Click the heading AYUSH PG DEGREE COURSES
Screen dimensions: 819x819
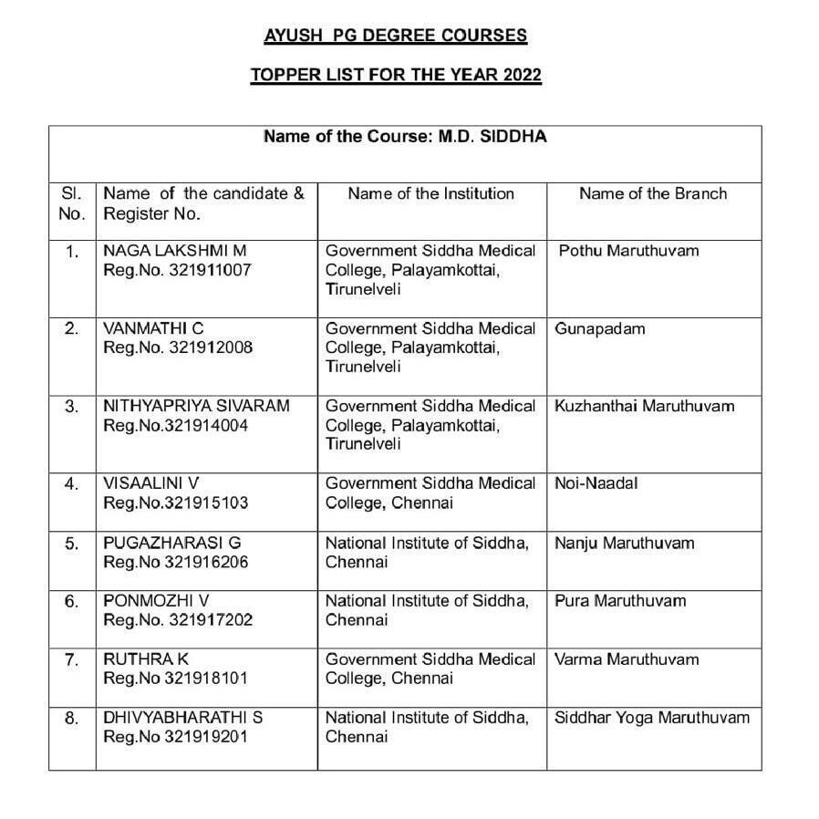tap(395, 36)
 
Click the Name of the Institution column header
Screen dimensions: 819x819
tap(431, 193)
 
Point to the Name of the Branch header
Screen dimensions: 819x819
tap(653, 193)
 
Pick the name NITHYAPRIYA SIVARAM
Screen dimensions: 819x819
tap(196, 406)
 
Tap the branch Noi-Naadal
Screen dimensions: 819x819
tap(596, 483)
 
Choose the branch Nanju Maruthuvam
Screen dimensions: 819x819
tap(624, 544)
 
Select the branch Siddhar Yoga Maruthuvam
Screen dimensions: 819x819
tap(652, 718)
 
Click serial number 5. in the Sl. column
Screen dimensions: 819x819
tap(72, 544)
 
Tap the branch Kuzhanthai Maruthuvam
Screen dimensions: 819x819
tap(644, 406)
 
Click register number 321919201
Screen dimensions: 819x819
tap(205, 737)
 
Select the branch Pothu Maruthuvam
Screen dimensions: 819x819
tap(628, 251)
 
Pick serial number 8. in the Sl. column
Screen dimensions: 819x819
tap(72, 718)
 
